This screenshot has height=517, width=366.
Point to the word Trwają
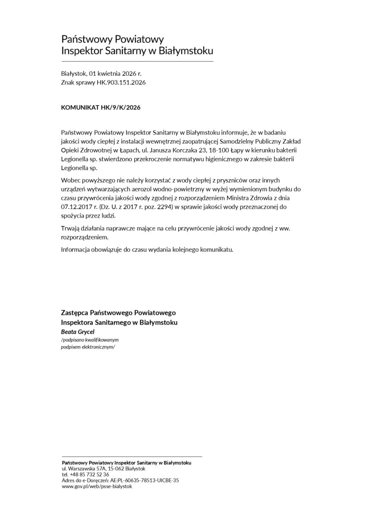pyautogui.click(x=71, y=227)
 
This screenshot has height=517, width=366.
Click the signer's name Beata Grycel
pyautogui.click(x=78, y=332)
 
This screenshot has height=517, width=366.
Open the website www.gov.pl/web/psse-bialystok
pyautogui.click(x=97, y=486)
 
